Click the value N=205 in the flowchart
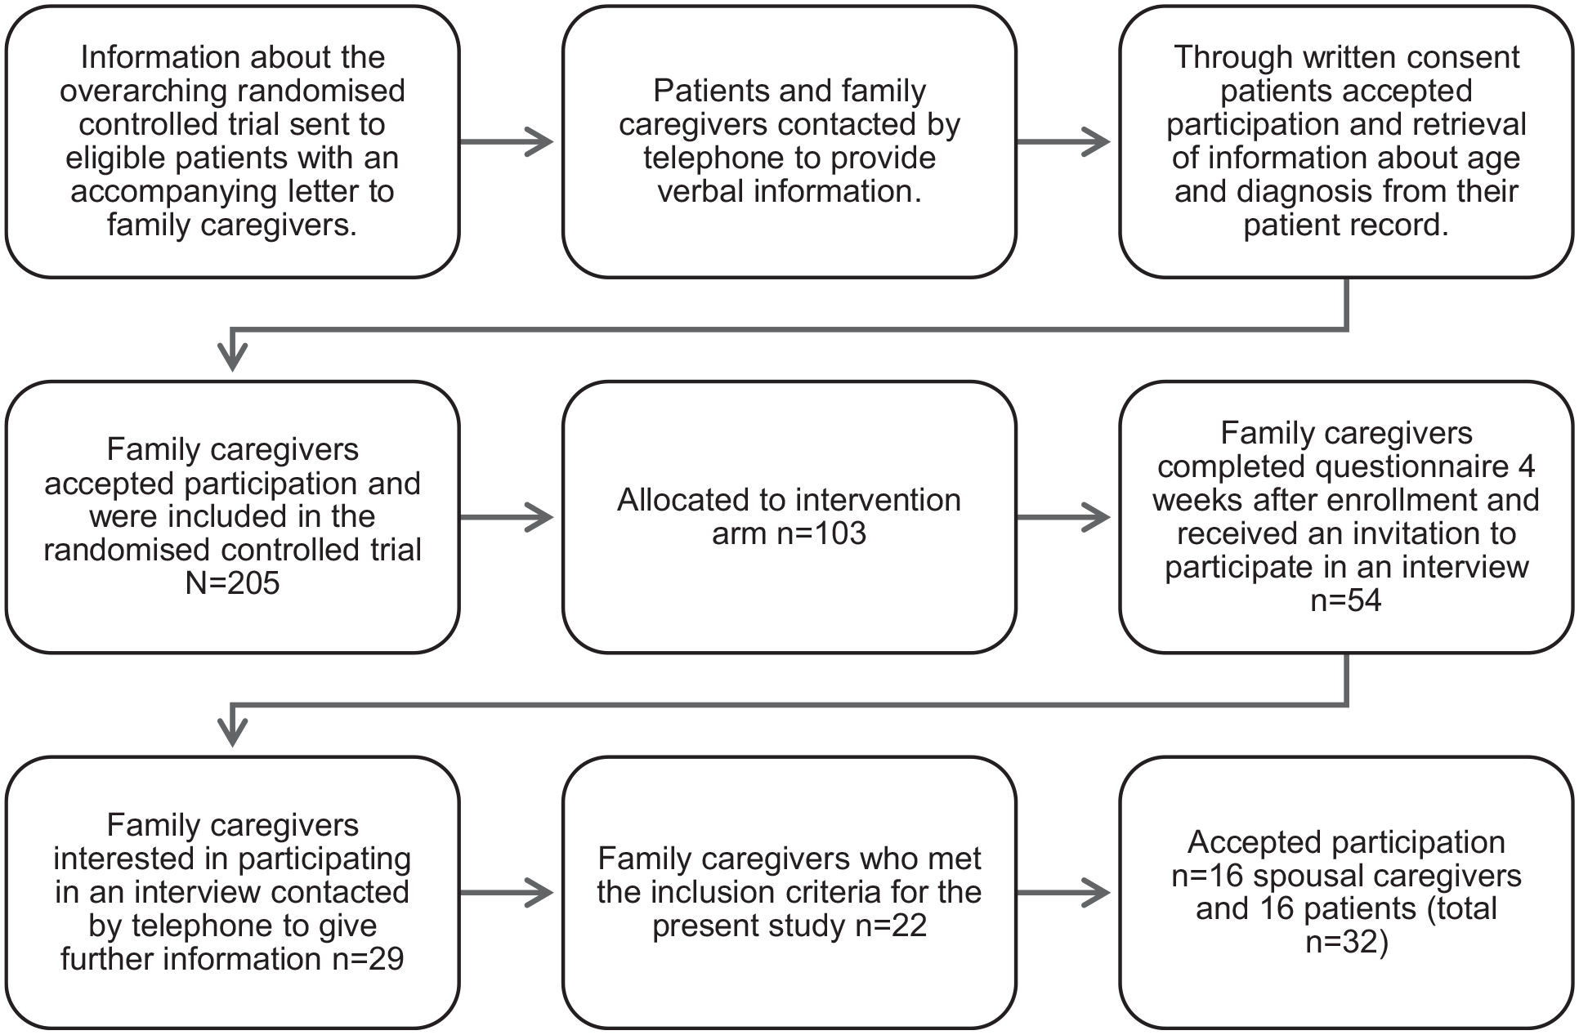[233, 583]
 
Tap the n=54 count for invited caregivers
[1346, 600]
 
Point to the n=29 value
[368, 959]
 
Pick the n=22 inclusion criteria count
[891, 926]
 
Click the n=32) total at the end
[1346, 943]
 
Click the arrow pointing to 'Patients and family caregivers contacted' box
[507, 142]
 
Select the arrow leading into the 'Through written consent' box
[1063, 142]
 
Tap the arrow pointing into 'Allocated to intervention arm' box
[507, 517]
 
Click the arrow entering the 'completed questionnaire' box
[1063, 517]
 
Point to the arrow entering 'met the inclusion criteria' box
[507, 893]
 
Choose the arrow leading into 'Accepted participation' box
[1063, 893]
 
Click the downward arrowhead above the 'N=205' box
[233, 358]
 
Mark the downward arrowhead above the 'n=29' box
[233, 733]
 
